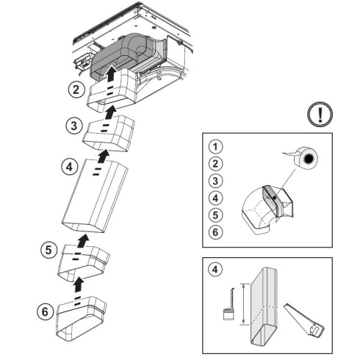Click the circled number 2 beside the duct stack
point(76,90)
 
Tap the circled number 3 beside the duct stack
point(73,126)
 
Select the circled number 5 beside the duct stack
point(48,250)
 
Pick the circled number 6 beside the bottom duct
point(46,312)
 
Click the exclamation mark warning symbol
point(320,115)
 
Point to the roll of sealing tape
point(303,158)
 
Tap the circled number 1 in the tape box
point(215,147)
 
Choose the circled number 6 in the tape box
point(215,232)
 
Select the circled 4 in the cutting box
point(215,270)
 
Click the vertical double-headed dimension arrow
point(243,304)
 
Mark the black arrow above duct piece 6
point(79,284)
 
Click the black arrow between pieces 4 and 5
point(83,240)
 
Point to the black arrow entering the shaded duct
point(111,73)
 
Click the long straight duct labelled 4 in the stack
point(95,196)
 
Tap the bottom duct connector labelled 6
point(82,318)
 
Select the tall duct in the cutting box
point(264,307)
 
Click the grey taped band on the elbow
point(271,201)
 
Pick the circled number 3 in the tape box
point(215,181)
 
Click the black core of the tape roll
point(309,159)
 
